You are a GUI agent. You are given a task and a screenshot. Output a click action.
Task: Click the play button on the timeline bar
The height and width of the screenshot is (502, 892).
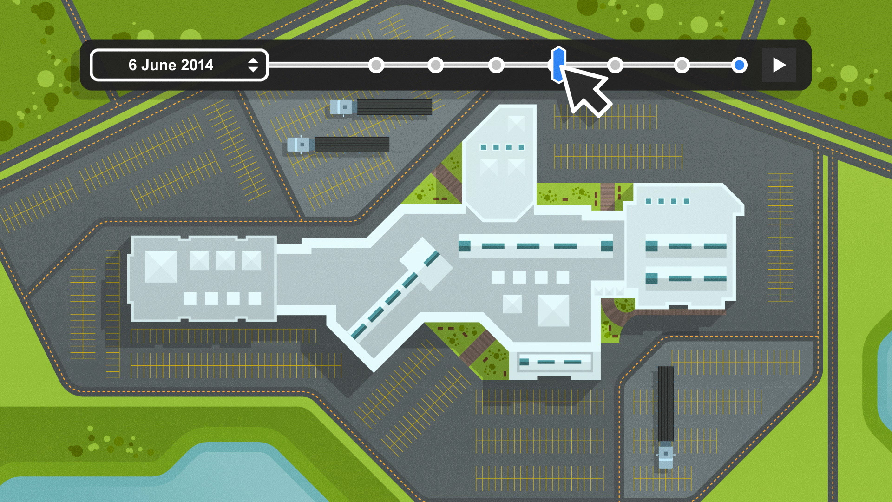pyautogui.click(x=779, y=65)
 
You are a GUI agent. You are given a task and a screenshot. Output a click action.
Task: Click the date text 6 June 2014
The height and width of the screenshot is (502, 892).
pyautogui.click(x=171, y=65)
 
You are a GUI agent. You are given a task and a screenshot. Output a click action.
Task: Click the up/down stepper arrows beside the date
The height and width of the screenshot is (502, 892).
pyautogui.click(x=253, y=65)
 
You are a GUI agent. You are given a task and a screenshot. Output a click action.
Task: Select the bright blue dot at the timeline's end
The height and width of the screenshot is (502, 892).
pyautogui.click(x=739, y=65)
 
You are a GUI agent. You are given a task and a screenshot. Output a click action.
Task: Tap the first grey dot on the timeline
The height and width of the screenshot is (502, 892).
pyautogui.click(x=376, y=65)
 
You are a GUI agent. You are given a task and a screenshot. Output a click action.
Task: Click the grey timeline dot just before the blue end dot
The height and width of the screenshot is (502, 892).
pyautogui.click(x=682, y=65)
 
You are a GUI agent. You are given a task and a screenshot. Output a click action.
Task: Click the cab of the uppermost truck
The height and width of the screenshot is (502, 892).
pyautogui.click(x=342, y=107)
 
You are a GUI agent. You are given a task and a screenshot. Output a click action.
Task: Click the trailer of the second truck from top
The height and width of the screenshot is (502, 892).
pyautogui.click(x=352, y=145)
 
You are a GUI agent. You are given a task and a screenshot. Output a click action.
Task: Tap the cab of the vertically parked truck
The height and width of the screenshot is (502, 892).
pyautogui.click(x=665, y=455)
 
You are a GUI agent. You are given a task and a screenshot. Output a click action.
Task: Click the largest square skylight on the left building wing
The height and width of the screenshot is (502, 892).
pyautogui.click(x=161, y=267)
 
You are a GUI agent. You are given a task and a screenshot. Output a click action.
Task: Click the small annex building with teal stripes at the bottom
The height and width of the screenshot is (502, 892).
pyautogui.click(x=555, y=362)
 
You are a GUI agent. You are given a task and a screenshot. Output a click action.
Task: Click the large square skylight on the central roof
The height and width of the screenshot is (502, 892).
pyautogui.click(x=553, y=310)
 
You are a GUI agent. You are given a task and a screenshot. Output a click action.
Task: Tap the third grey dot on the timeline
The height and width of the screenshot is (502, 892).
pyautogui.click(x=496, y=65)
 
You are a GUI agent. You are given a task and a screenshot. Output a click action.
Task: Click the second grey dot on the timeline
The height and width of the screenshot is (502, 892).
pyautogui.click(x=436, y=65)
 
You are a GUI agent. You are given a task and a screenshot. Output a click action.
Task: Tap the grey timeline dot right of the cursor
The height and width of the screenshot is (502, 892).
pyautogui.click(x=615, y=65)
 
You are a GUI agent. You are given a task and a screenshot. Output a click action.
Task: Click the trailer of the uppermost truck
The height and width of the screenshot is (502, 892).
pyautogui.click(x=394, y=107)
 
